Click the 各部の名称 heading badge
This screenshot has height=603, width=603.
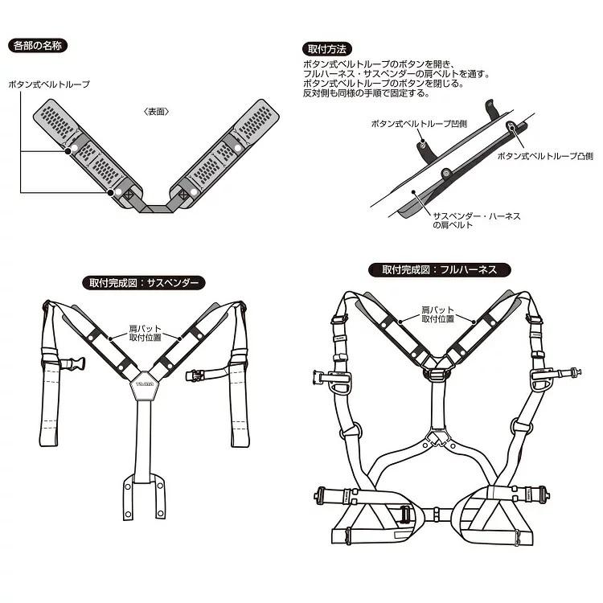[x=38, y=46]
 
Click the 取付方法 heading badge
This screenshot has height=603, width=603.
[x=327, y=49]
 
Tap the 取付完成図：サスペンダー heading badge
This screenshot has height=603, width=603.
[x=144, y=284]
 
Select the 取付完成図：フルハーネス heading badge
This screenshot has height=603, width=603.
[x=440, y=269]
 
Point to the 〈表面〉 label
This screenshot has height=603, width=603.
[x=156, y=112]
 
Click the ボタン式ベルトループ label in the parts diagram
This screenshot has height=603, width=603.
[x=49, y=84]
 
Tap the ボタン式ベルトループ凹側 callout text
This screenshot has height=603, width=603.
[x=419, y=124]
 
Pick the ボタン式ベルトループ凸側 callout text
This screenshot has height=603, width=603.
[x=545, y=156]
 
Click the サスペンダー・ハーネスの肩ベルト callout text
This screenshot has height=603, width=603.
[x=477, y=220]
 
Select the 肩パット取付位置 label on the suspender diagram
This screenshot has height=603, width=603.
[x=145, y=333]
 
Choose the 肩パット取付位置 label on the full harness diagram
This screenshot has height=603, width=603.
[x=437, y=314]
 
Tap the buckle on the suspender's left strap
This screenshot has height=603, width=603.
[x=72, y=363]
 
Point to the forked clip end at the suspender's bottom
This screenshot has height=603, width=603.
[x=144, y=497]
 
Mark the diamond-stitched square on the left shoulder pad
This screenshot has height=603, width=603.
[x=129, y=194]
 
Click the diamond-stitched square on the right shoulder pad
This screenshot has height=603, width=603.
[x=183, y=195]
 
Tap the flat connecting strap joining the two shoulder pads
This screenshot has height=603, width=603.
[x=156, y=208]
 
